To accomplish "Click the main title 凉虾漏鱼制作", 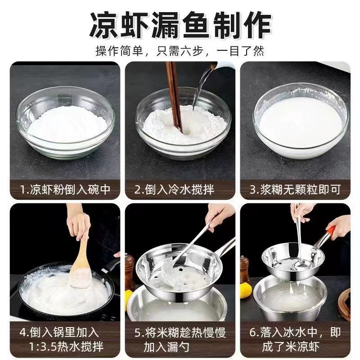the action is pos(180,25).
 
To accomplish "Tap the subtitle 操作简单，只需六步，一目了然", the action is pos(180,51).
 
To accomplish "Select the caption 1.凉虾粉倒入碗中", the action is pos(65,189).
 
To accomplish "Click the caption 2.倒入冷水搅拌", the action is pos(174,189).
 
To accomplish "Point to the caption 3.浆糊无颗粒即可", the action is pos(295,189).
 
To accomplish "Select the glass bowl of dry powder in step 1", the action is pos(65,123).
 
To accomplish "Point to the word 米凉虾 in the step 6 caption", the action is pos(302,347).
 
